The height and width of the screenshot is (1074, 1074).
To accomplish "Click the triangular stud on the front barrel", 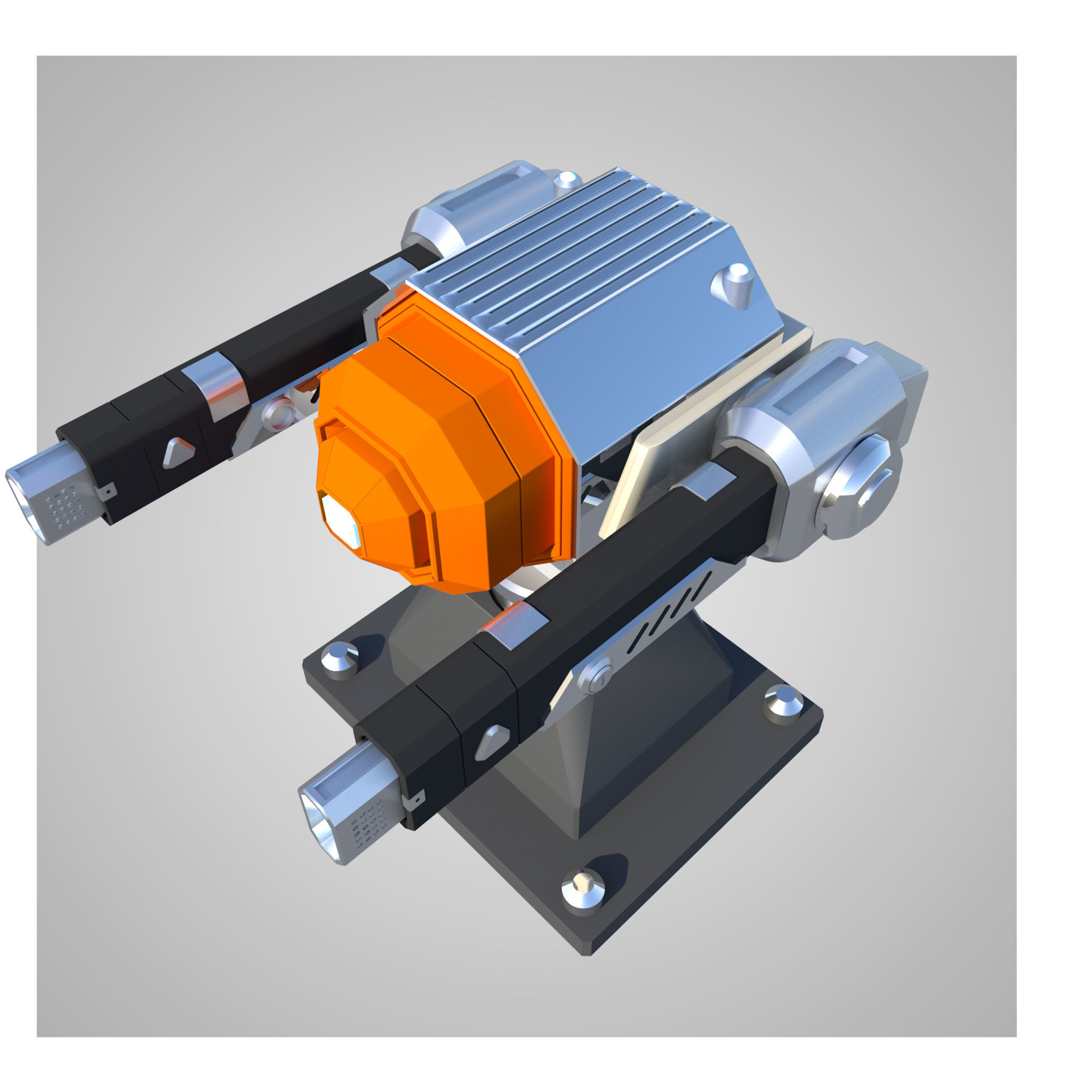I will click(491, 743).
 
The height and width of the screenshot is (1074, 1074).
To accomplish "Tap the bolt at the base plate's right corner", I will click(783, 703).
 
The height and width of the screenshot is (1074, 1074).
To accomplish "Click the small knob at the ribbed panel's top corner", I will click(567, 181).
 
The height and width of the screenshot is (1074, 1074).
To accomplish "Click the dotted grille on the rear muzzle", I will click(67, 503).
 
